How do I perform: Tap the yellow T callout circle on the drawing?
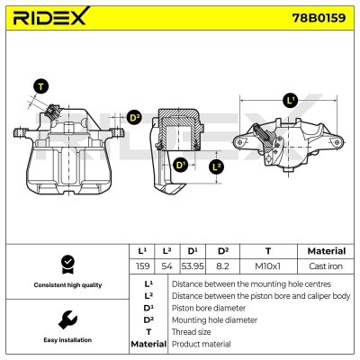pyautogui.click(x=40, y=87)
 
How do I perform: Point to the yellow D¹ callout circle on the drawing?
pyautogui.click(x=181, y=165)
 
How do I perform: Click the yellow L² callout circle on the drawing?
pyautogui.click(x=216, y=166)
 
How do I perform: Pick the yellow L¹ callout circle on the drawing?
pyautogui.click(x=290, y=101)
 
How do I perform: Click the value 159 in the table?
pyautogui.click(x=142, y=266)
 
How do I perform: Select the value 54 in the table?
pyautogui.click(x=167, y=266)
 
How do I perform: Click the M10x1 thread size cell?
pyautogui.click(x=267, y=266)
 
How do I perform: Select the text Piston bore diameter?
pyautogui.click(x=204, y=307)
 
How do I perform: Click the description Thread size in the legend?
pyautogui.click(x=191, y=331)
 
